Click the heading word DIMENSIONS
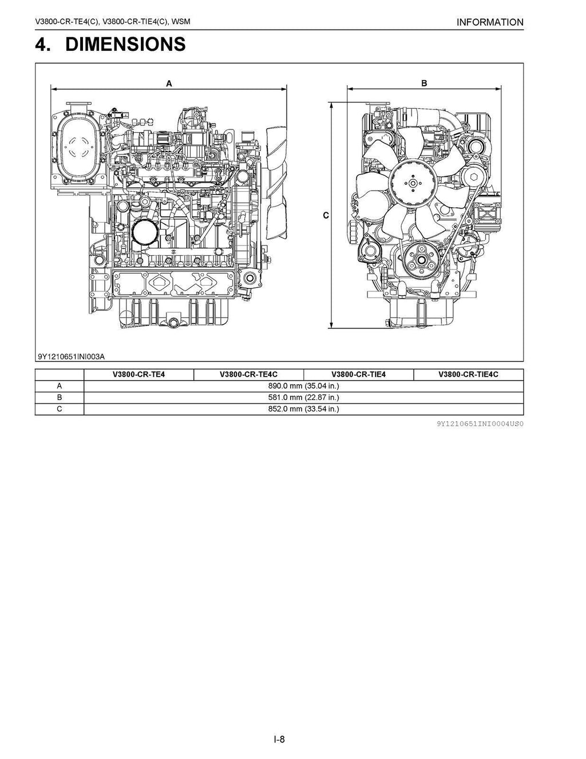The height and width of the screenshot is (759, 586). tap(125, 44)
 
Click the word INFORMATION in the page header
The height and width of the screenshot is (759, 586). tap(490, 22)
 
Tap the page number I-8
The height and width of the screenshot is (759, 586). tap(279, 739)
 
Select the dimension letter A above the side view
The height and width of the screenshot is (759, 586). tap(169, 84)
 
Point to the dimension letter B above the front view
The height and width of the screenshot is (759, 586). tap(424, 84)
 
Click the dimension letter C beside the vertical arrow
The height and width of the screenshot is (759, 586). tap(326, 216)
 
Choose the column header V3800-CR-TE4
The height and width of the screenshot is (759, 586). tap(138, 375)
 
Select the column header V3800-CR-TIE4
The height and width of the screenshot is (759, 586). tap(358, 375)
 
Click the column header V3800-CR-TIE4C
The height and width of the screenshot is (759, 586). tap(468, 375)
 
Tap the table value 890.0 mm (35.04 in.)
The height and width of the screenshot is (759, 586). tap(303, 386)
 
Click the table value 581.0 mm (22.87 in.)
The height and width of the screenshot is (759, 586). tap(303, 398)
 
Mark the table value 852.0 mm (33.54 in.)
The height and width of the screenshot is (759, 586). tap(303, 409)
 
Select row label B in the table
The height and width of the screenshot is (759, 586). tap(60, 398)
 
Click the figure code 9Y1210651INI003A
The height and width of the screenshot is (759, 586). tap(72, 357)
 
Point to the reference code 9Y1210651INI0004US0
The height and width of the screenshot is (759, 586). tap(480, 425)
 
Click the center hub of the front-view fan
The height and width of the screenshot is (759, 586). tap(411, 183)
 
